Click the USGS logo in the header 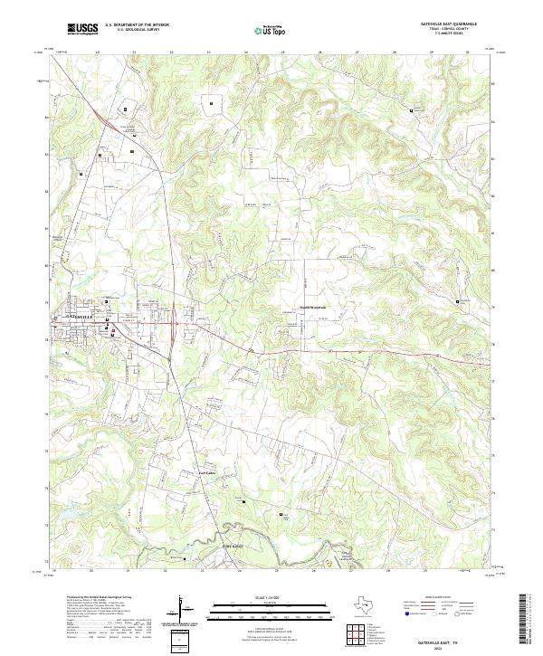click(x=83, y=30)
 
